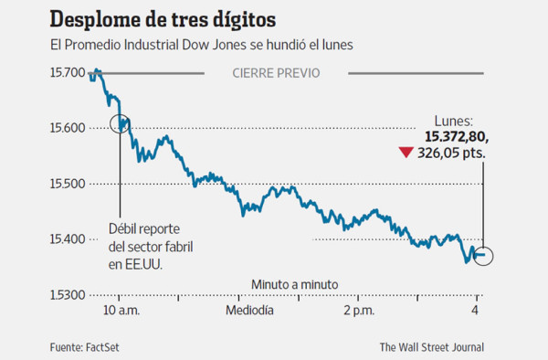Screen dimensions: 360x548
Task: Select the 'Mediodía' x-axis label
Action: (x=249, y=312)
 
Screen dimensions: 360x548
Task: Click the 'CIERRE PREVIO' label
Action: (x=276, y=72)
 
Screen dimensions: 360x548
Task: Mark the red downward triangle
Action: (x=406, y=154)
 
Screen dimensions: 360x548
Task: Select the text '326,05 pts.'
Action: (x=452, y=154)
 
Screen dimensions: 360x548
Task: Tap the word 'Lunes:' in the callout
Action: (x=454, y=120)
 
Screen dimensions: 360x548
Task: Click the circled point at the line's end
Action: (x=483, y=255)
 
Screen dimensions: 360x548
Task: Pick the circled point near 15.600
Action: (x=120, y=123)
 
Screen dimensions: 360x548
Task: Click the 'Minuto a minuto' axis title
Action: (x=294, y=285)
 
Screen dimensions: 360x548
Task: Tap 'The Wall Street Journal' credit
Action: (x=432, y=346)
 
